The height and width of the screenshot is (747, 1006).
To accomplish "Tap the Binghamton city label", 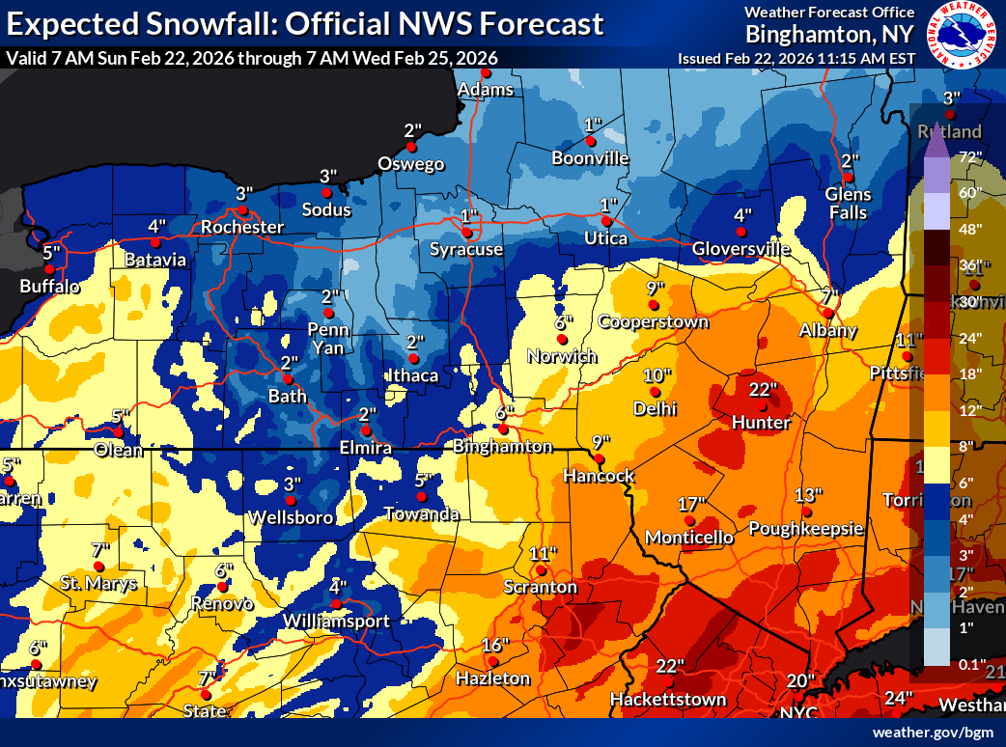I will [x=503, y=447].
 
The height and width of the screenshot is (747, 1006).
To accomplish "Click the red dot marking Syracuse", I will [x=466, y=233].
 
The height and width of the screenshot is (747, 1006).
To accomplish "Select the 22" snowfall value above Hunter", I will [x=763, y=388].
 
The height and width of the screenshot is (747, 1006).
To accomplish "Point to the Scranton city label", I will [x=541, y=587].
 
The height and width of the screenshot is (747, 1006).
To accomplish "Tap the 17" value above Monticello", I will [x=691, y=504].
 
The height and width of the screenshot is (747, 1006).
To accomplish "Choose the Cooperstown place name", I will [x=653, y=321].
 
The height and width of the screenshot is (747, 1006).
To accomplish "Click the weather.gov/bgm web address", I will [x=931, y=733].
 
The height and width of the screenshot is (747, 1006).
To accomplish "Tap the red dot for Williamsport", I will [x=336, y=604].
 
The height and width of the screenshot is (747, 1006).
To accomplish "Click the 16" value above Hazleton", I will [x=494, y=645].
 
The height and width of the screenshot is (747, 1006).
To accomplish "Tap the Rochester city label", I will [x=242, y=227].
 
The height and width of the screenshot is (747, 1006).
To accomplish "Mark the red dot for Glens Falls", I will [x=848, y=178].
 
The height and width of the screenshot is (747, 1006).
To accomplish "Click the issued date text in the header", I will [x=796, y=58].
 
